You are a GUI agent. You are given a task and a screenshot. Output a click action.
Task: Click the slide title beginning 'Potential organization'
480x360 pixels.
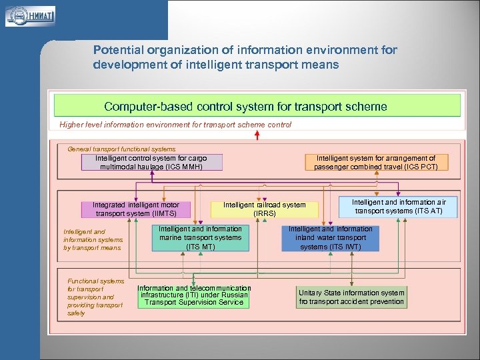pos(245,57)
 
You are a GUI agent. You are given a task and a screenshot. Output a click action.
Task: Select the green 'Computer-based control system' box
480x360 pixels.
pos(257,106)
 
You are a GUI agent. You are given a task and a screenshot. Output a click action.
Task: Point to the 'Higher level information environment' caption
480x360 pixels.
pos(175,124)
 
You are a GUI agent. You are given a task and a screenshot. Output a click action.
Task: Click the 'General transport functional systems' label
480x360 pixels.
pos(121,149)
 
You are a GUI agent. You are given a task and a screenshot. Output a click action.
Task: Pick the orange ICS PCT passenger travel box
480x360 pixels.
pos(376,163)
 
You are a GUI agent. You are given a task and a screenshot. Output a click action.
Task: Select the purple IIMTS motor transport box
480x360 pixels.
pos(135,209)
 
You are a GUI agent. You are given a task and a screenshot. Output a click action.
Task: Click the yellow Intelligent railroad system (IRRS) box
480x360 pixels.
pos(264,209)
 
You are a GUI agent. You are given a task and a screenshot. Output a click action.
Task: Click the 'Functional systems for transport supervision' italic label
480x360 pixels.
pos(95,297)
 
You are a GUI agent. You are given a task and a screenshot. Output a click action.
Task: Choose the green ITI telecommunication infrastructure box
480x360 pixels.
pos(193,295)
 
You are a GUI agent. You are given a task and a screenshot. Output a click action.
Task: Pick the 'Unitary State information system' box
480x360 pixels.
pos(351,297)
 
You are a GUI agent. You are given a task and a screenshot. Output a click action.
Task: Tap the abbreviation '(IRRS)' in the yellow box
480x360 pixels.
pos(264,214)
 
